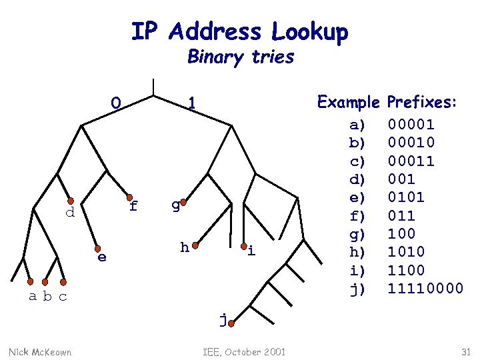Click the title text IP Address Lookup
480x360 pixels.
pyautogui.click(x=239, y=31)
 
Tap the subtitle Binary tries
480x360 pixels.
pyautogui.click(x=241, y=57)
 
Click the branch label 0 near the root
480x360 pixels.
pyautogui.click(x=116, y=103)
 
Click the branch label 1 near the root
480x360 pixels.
pyautogui.click(x=191, y=103)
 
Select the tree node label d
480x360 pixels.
pyautogui.click(x=69, y=213)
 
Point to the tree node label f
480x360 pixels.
pyautogui.click(x=133, y=206)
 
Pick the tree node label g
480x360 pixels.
pyautogui.click(x=175, y=205)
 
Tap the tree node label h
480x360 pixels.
pyautogui.click(x=185, y=248)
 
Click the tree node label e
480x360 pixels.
pyautogui.click(x=101, y=257)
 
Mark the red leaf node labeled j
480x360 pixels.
pyautogui.click(x=230, y=325)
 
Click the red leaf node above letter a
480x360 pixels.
pyautogui.click(x=31, y=282)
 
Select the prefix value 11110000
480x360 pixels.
pyautogui.click(x=425, y=289)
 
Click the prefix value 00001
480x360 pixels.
pyautogui.click(x=411, y=124)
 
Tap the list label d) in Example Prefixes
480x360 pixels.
pyautogui.click(x=358, y=179)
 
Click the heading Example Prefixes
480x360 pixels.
pyautogui.click(x=387, y=103)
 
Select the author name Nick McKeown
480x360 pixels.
pyautogui.click(x=40, y=351)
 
